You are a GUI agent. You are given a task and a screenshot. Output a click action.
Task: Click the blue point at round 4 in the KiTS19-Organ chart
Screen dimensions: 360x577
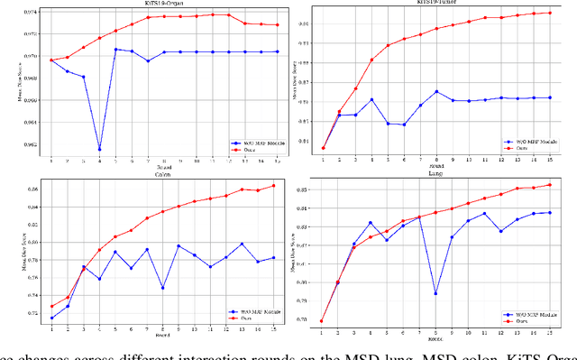99,149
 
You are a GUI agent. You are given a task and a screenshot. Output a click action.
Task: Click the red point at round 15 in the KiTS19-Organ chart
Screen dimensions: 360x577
277,25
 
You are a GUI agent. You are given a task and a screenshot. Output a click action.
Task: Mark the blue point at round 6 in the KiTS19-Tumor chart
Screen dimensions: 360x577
404,125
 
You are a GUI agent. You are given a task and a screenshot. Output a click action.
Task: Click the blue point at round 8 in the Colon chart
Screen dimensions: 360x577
163,288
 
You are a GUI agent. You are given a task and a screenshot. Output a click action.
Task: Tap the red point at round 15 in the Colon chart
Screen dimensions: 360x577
274,186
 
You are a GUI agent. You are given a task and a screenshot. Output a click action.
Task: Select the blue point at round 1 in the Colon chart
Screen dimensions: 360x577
51,318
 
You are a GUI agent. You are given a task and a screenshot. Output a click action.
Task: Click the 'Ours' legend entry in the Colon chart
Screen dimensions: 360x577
239,318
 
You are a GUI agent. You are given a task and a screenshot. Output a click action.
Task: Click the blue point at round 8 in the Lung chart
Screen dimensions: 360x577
435,293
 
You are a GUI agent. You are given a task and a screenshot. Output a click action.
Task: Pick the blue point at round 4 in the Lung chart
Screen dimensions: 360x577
371,223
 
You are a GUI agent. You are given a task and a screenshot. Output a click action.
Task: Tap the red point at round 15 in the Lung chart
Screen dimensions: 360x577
550,185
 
